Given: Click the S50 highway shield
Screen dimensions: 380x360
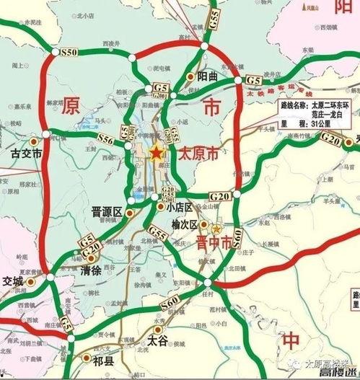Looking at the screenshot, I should tap(70, 53).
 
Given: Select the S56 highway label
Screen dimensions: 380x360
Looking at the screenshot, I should tap(105, 137).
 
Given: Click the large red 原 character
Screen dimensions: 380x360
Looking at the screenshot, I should tap(71, 107).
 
